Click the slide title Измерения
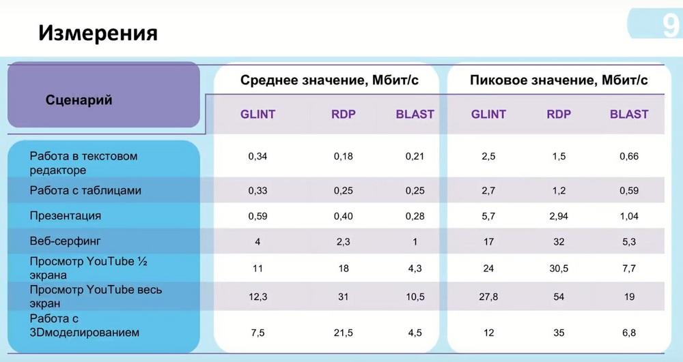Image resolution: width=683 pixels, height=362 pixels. coord(98,33)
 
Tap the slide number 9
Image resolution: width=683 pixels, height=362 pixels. coord(671,26)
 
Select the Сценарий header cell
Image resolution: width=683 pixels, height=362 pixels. coord(79,100)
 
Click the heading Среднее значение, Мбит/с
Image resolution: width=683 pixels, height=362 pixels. coord(329,80)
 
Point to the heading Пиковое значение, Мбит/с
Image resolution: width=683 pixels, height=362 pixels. coord(559,80)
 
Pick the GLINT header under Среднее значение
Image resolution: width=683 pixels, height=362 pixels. coord(258,115)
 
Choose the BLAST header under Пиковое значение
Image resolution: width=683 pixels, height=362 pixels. coord(629,115)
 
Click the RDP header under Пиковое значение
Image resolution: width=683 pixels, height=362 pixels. coord(559,115)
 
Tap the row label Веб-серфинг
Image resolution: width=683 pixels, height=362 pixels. coord(65,241)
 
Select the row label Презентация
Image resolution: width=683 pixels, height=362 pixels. coord(66,216)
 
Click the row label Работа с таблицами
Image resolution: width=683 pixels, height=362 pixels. coord(85,190)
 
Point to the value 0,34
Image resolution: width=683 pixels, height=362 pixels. coord(258,156)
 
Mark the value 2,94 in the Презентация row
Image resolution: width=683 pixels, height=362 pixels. coord(559,216)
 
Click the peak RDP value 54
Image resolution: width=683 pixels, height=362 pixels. coord(559,297)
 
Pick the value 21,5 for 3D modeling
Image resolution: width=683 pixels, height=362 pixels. coord(344,333)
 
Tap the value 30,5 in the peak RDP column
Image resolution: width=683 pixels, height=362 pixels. coord(559,269)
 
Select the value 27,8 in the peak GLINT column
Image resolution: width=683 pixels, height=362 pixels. coord(488,297)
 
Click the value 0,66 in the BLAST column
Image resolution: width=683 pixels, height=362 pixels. coord(629,156)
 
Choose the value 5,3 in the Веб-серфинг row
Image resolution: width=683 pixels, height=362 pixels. coord(629,241)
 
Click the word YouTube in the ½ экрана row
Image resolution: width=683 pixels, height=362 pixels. coord(110,262)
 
